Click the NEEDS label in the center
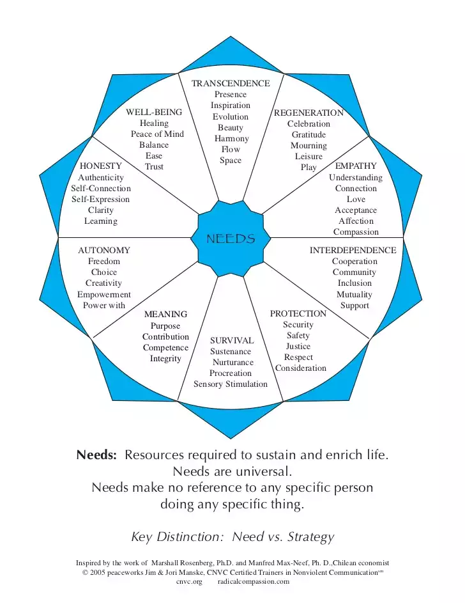click(231, 239)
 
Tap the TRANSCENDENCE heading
click(231, 84)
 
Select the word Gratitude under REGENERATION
click(309, 134)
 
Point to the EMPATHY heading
click(356, 166)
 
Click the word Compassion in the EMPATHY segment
click(356, 232)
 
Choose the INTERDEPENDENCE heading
click(353, 251)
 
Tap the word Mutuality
click(354, 295)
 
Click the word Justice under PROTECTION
click(298, 347)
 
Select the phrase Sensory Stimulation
click(231, 384)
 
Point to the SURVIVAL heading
click(232, 341)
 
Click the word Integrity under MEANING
click(165, 359)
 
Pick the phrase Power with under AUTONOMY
click(104, 306)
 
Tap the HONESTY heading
click(101, 166)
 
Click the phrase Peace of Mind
click(157, 134)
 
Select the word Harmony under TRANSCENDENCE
click(231, 139)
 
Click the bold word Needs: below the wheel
click(96, 455)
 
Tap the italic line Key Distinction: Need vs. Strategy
click(232, 537)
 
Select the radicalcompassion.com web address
click(254, 581)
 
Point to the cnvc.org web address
click(189, 582)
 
